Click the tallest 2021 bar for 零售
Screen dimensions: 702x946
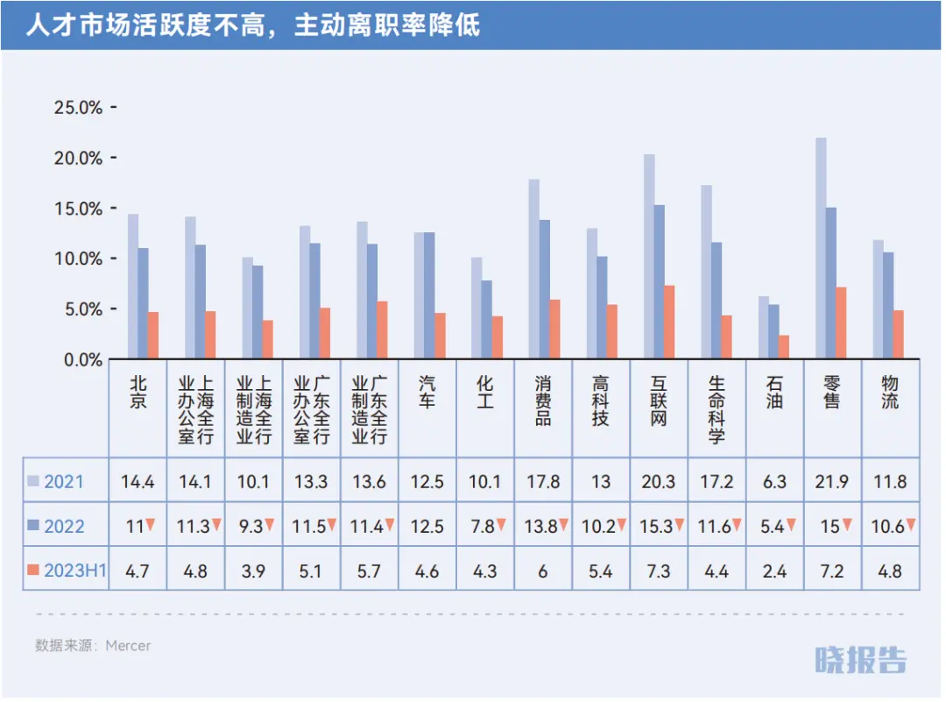tap(821, 249)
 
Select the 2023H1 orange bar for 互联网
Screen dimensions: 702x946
tap(669, 323)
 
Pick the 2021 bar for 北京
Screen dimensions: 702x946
tap(133, 287)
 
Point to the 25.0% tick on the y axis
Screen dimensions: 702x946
tap(79, 108)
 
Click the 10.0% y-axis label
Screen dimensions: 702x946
tap(79, 259)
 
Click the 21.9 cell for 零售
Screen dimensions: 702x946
tap(832, 481)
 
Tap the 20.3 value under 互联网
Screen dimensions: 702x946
tap(659, 481)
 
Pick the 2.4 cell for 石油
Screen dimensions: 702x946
tap(774, 571)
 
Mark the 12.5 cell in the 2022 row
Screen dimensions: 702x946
tap(427, 527)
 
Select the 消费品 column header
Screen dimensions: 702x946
tap(543, 401)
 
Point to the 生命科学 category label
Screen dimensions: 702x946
tap(717, 408)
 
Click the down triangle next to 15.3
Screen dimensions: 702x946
tap(679, 525)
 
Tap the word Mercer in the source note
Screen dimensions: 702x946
tap(128, 646)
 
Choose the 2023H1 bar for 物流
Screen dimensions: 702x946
tap(898, 335)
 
